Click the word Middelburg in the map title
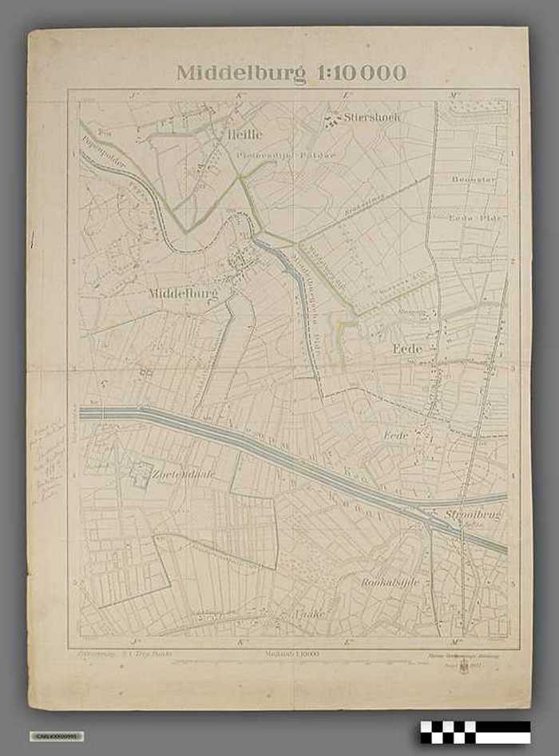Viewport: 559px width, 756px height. coord(239,74)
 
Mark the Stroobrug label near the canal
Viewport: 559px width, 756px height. coord(473,515)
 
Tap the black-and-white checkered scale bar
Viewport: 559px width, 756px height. coord(475,731)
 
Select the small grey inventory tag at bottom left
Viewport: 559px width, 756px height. coord(56,735)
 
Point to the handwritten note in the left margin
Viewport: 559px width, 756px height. coord(47,464)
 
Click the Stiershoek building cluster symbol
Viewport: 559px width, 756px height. coord(331,120)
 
